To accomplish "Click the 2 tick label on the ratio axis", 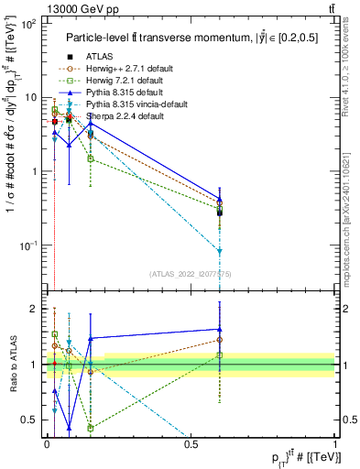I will [34, 309].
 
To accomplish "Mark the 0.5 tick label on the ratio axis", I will [30, 420].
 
